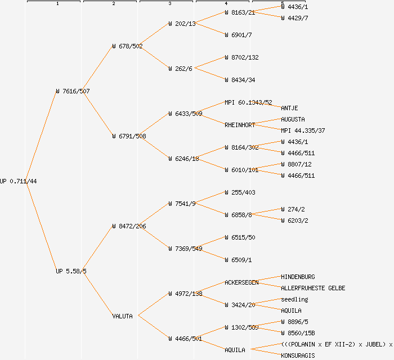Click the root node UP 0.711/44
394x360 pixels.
pos(19,181)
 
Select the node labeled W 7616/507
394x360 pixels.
pos(73,91)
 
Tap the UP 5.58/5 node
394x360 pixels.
pos(71,271)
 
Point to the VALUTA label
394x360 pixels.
pos(122,316)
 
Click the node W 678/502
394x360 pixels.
pos(127,46)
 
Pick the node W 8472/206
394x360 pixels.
pos(129,226)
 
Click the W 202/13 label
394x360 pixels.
pos(182,24)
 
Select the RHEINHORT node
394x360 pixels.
pos(240,125)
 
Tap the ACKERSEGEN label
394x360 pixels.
pos(241,282)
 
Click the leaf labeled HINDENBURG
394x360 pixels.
pos(298,277)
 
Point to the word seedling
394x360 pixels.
pos(294,299)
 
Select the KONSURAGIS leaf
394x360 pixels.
pos(298,355)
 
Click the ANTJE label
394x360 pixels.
pos(289,108)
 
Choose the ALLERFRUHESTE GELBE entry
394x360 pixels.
pos(313,288)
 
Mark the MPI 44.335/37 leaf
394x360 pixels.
pos(303,130)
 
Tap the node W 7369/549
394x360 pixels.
pos(185,249)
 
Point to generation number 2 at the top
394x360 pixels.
pos(113,4)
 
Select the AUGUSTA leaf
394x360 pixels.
pos(293,119)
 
